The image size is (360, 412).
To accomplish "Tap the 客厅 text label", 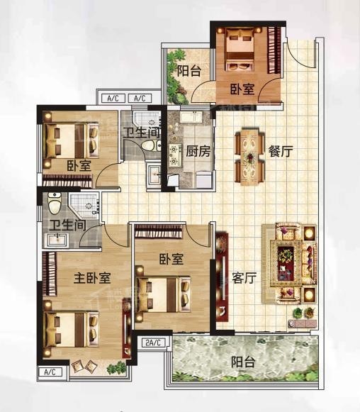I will click(244, 278).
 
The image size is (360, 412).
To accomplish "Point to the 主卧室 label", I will click(92, 278).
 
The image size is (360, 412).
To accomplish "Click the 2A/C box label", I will click(152, 343).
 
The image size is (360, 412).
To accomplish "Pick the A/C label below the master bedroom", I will click(51, 372).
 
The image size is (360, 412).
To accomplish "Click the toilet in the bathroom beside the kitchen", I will click(149, 145).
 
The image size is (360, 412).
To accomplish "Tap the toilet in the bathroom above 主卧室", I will click(55, 204).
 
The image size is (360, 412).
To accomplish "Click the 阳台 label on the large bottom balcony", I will click(243, 362).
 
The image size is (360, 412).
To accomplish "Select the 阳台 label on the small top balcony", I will click(188, 70).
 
